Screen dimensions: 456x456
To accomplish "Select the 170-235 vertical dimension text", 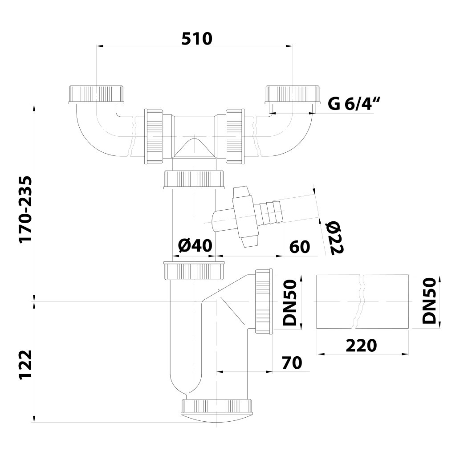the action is pyautogui.click(x=27, y=209).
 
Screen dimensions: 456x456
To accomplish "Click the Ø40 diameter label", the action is pyautogui.click(x=194, y=246).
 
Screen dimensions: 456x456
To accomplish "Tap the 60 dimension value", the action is pyautogui.click(x=299, y=246).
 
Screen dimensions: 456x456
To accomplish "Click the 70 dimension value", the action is pyautogui.click(x=291, y=362).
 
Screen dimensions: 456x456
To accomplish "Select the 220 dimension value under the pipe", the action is pyautogui.click(x=361, y=345).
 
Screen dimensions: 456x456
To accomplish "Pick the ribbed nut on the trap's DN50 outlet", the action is pyautogui.click(x=263, y=301).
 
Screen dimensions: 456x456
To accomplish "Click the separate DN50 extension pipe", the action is pyautogui.click(x=362, y=301).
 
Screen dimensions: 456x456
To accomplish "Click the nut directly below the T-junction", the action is pyautogui.click(x=193, y=179).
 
